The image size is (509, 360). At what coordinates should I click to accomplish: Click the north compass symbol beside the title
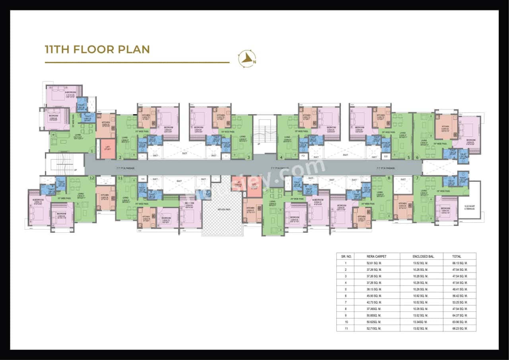[247, 59]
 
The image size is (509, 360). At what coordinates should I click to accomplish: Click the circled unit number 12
[92, 178]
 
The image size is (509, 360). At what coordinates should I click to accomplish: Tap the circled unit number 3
[249, 158]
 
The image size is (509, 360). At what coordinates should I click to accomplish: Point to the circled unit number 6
[418, 158]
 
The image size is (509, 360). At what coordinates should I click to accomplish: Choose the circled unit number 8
[389, 178]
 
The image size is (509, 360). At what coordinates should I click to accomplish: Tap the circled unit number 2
[120, 158]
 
